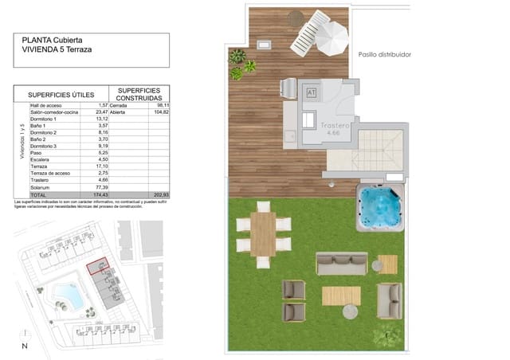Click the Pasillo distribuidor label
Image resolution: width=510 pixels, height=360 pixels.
[x=385, y=55]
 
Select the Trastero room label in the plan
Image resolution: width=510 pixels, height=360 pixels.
[x=337, y=127]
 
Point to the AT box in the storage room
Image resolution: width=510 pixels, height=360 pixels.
[x=311, y=92]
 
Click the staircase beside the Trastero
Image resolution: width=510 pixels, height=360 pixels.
[x=380, y=152]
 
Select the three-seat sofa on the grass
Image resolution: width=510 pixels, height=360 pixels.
[x=341, y=264]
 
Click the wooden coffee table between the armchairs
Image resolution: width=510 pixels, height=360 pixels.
[x=341, y=296]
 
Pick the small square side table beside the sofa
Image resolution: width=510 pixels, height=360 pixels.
[x=387, y=264]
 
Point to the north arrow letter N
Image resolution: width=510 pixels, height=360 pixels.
[x=25, y=346]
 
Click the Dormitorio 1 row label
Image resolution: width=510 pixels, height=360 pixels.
[x=45, y=119]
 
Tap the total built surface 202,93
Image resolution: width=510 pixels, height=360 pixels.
[x=162, y=194]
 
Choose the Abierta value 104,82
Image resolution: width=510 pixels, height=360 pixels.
[x=162, y=112]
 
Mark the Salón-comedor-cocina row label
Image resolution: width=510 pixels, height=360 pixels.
[x=53, y=112]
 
